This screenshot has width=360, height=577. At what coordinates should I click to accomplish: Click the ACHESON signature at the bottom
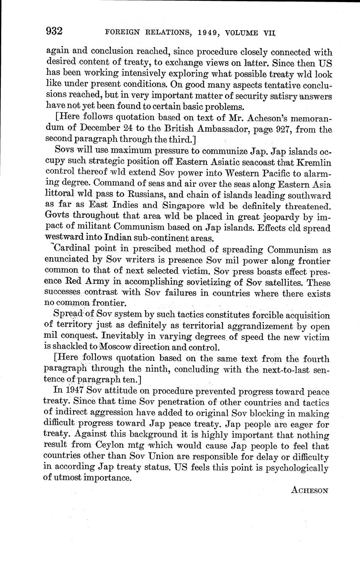click(309, 490)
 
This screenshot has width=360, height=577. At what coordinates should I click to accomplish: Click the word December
click(100, 130)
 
